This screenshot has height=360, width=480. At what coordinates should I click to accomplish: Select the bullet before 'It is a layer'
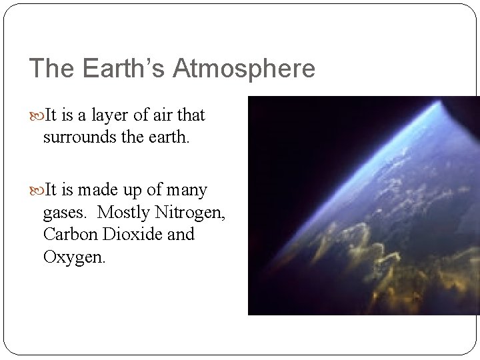tap(36, 116)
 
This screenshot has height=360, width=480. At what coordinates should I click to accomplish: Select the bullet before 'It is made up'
tap(36, 191)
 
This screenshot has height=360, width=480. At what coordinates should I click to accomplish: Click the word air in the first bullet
tap(163, 116)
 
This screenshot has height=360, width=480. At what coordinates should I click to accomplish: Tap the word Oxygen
tap(73, 257)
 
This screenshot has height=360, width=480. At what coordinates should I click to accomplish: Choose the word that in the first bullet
tap(191, 116)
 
